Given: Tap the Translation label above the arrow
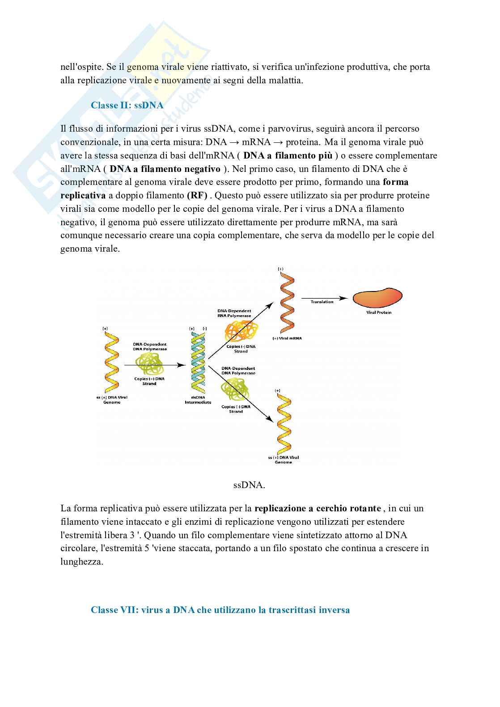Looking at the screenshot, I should pos(322,302).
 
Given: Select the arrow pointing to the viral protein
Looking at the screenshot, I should pos(324,298).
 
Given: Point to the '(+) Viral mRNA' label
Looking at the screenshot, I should pos(287,338).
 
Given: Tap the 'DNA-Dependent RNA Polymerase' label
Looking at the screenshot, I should pos(234,313).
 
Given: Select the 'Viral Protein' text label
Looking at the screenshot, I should pos(378,313).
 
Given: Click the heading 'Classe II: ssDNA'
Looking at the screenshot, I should pos(127,105).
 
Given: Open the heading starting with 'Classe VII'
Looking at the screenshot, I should pos(220,610).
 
